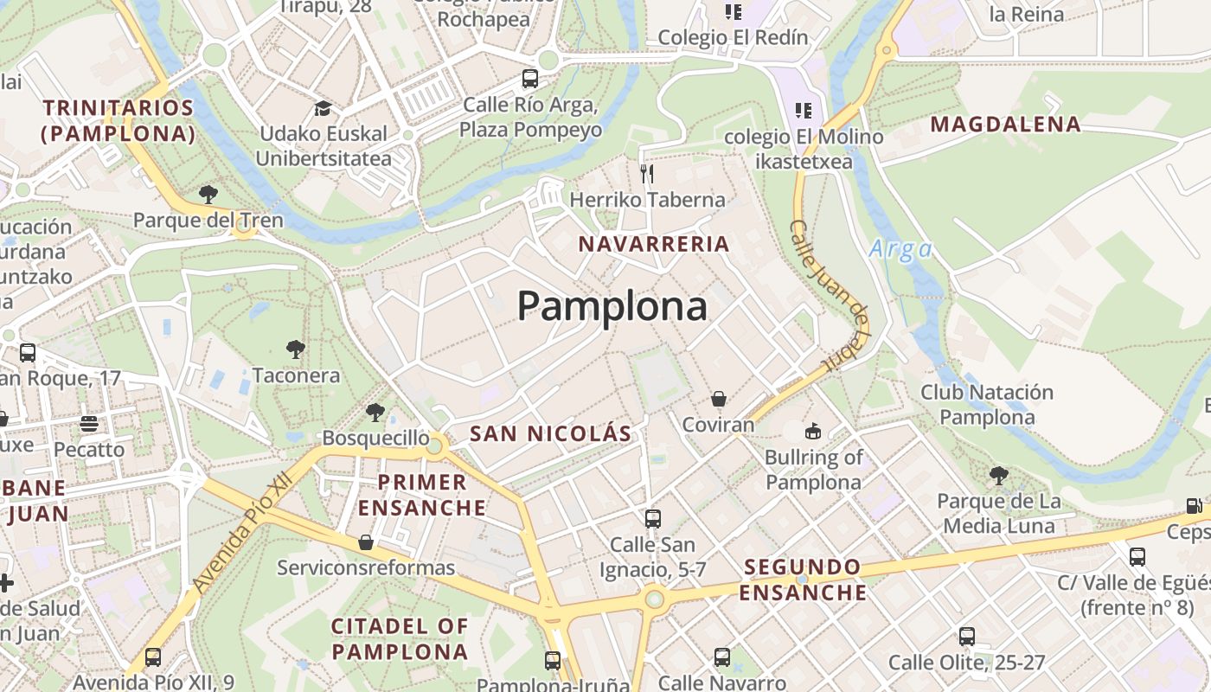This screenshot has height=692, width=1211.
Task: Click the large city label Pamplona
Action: point(612,306)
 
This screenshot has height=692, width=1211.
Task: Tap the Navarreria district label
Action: point(654,244)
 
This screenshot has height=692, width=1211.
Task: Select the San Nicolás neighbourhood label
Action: point(550,433)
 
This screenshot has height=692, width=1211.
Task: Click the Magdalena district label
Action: point(1005,125)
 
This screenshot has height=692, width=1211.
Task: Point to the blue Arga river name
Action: point(900,250)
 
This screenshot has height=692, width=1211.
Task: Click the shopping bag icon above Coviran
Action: point(718,399)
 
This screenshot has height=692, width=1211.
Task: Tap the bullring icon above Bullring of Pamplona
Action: point(813,431)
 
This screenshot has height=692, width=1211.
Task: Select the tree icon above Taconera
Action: point(296,349)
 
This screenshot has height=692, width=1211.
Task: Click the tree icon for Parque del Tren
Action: point(208,194)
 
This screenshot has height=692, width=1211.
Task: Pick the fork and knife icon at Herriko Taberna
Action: point(647,174)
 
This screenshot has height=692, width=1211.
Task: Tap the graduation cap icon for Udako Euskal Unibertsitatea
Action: point(323,108)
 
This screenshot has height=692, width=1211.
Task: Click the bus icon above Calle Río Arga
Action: point(530,80)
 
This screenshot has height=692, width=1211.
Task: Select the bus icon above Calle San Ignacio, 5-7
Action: point(653,518)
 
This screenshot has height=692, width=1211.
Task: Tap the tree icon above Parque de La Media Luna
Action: point(998,475)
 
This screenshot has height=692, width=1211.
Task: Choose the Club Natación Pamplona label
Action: point(987,405)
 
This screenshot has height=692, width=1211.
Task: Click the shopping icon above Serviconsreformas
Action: point(366,542)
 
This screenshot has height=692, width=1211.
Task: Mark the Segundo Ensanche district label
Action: point(803,580)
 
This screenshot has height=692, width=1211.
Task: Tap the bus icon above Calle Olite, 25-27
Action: point(967,637)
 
